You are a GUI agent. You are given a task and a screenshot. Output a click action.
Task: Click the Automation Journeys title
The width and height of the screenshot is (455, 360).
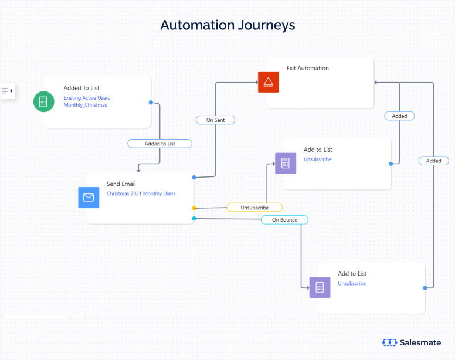(x=227, y=25)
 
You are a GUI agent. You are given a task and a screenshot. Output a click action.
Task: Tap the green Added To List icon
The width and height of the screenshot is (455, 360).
(x=43, y=101)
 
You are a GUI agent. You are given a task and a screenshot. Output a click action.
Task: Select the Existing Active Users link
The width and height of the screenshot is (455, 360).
(x=86, y=97)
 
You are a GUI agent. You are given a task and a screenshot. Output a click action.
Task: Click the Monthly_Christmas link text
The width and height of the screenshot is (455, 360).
(x=85, y=105)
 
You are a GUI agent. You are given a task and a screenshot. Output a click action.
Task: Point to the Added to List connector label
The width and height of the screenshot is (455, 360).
(x=160, y=143)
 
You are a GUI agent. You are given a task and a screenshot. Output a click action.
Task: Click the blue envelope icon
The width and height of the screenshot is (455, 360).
(x=89, y=197)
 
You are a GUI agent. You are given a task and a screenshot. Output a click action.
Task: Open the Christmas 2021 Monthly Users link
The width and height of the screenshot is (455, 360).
(x=141, y=193)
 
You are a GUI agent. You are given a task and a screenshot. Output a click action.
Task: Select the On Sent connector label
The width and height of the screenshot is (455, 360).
(x=215, y=120)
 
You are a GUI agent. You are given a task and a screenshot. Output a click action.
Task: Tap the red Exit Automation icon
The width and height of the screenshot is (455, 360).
(x=269, y=81)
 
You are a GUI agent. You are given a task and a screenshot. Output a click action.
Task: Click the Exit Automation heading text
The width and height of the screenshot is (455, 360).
(x=307, y=68)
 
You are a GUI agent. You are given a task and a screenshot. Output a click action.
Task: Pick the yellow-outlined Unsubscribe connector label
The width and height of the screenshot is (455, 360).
(x=254, y=208)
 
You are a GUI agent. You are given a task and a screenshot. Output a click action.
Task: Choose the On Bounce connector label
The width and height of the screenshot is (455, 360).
(x=284, y=220)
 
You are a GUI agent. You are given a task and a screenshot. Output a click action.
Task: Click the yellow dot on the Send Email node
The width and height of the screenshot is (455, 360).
(x=194, y=208)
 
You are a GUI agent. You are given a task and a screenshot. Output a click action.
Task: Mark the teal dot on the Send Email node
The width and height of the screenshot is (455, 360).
(x=194, y=219)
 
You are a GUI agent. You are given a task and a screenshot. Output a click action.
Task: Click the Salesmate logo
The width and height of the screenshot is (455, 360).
(x=411, y=342)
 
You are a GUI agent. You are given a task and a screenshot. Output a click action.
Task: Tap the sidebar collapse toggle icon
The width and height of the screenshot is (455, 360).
(x=7, y=91)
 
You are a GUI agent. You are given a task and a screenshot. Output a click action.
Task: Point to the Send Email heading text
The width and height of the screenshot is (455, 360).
(x=121, y=184)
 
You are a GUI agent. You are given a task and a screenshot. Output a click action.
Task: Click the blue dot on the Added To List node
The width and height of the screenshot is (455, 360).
(x=151, y=103)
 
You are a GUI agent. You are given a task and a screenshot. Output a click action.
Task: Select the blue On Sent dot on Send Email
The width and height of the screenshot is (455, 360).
(x=194, y=177)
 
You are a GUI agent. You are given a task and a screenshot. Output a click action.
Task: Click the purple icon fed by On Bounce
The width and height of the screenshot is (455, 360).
(x=320, y=287)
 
